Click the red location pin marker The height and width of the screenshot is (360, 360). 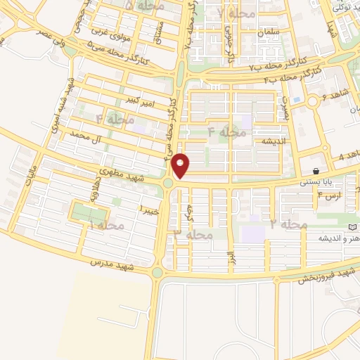[x=181, y=165]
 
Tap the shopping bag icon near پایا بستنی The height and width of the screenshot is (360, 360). [x=317, y=171]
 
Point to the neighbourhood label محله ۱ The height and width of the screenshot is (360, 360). [x=106, y=225]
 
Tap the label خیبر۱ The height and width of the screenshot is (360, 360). [x=150, y=209]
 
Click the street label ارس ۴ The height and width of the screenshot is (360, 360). [x=329, y=193]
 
